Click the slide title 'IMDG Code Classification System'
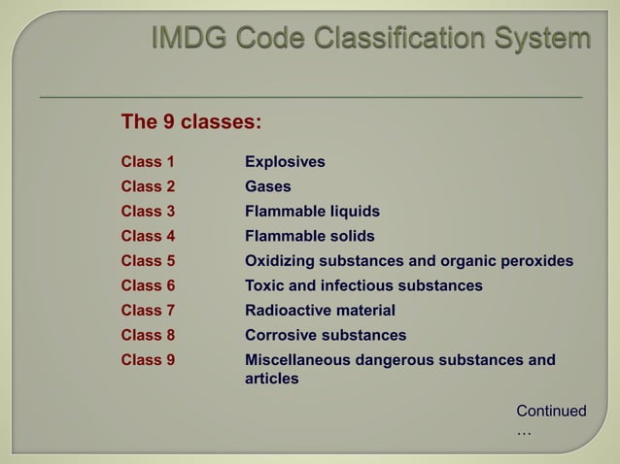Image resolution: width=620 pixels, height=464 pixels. point(369,40)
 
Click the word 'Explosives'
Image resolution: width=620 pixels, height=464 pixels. point(285,161)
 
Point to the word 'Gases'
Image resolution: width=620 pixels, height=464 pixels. point(268,186)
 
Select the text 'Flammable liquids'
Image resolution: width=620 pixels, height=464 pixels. point(312,212)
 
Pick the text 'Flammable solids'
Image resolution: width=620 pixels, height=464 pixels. point(309,236)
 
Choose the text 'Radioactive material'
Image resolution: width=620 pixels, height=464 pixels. point(320,311)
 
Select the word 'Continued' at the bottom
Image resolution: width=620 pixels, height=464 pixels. point(551,412)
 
